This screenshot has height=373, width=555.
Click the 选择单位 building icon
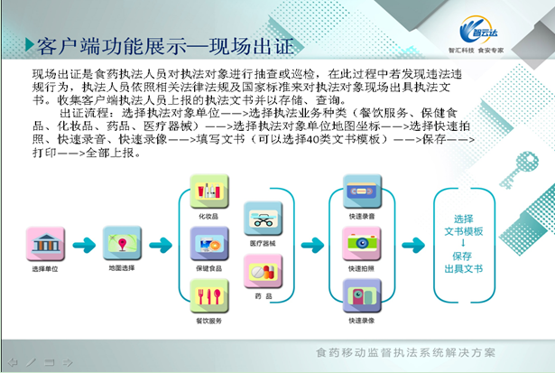click(x=46, y=244)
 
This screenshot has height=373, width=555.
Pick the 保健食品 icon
click(x=208, y=243)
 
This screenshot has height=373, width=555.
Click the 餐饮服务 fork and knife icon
click(x=208, y=295)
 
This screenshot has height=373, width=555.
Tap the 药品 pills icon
click(x=263, y=270)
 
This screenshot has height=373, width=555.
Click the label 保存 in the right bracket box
click(x=464, y=256)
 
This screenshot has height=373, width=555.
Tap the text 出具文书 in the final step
click(x=464, y=268)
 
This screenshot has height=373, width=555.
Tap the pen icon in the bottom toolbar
click(x=31, y=362)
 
